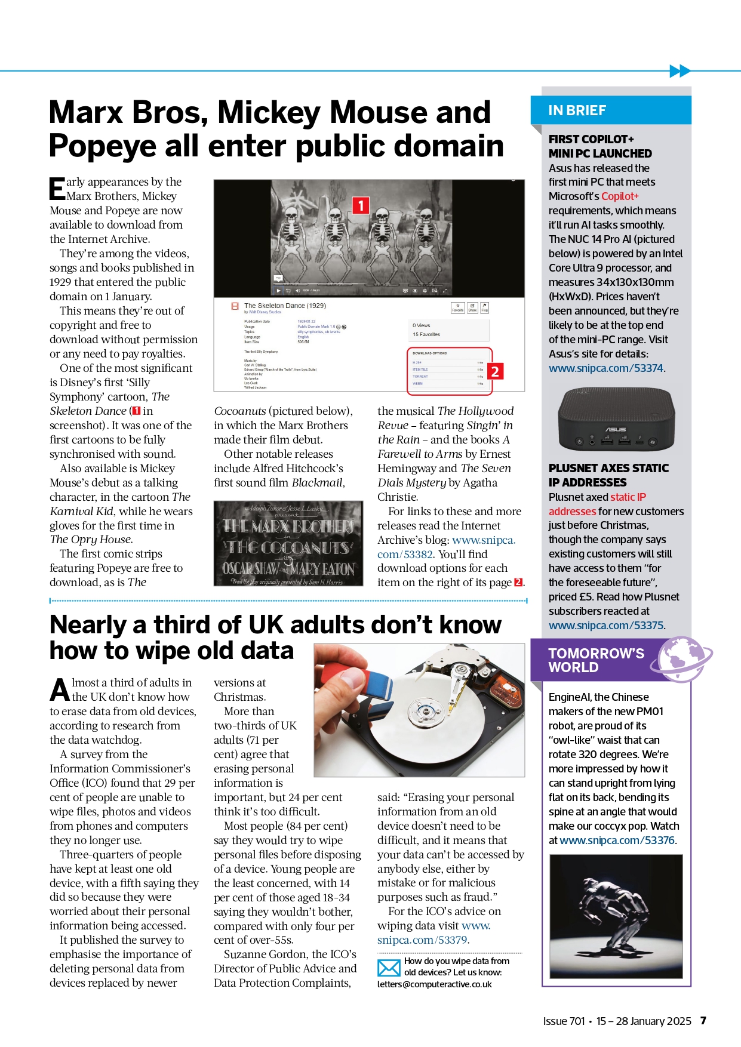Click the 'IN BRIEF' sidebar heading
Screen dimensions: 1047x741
pyautogui.click(x=577, y=110)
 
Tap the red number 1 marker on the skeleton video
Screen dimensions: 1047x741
pyautogui.click(x=361, y=205)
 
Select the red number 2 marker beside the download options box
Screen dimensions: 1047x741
pyautogui.click(x=495, y=371)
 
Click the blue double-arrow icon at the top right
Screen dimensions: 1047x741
pyautogui.click(x=679, y=71)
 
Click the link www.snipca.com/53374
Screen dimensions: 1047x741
pyautogui.click(x=605, y=368)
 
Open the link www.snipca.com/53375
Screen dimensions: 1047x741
pyautogui.click(x=605, y=626)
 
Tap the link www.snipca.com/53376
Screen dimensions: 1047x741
pyautogui.click(x=617, y=840)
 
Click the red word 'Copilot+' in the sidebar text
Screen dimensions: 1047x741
pyautogui.click(x=620, y=196)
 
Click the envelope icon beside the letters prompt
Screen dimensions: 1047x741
pyautogui.click(x=389, y=968)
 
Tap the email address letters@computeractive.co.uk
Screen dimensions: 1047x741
pyautogui.click(x=434, y=984)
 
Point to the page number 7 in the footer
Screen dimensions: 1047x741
pyautogui.click(x=703, y=1021)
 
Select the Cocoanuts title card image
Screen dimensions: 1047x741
pyautogui.click(x=288, y=543)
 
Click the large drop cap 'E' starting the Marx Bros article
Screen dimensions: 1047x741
pyautogui.click(x=57, y=189)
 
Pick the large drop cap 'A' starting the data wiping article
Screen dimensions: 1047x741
pyautogui.click(x=60, y=690)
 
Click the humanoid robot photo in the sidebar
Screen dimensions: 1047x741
pyautogui.click(x=616, y=916)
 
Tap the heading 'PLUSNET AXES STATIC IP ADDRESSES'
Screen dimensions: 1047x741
pyautogui.click(x=608, y=475)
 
